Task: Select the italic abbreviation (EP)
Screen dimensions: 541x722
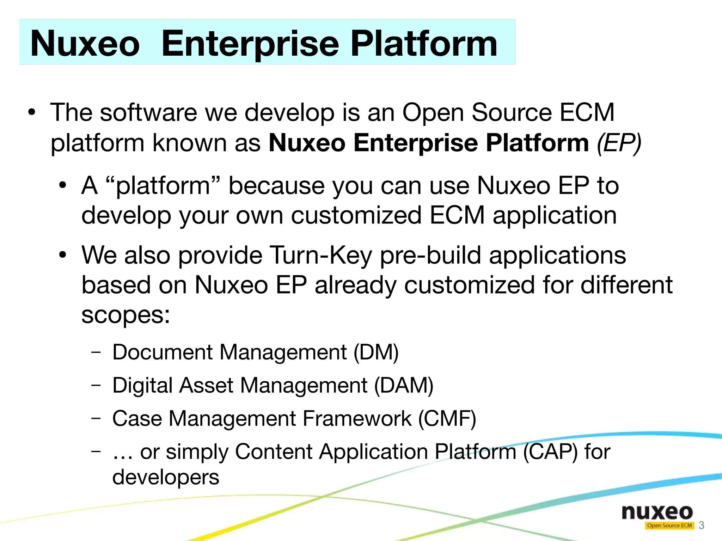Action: click(619, 143)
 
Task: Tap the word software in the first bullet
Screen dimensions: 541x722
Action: click(148, 112)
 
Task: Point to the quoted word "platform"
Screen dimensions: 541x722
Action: click(163, 186)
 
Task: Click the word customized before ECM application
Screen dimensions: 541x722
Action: click(356, 215)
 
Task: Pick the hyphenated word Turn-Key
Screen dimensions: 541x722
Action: click(320, 255)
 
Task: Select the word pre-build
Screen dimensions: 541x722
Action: click(430, 255)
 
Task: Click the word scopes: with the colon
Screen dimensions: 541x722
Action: click(126, 314)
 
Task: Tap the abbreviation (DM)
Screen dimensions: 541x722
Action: click(376, 352)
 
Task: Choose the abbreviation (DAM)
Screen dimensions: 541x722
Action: click(403, 385)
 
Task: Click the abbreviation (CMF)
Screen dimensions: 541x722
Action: click(447, 418)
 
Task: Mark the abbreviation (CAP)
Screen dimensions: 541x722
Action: click(550, 451)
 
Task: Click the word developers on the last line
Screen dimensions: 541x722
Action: click(166, 477)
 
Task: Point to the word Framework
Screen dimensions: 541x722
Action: click(357, 418)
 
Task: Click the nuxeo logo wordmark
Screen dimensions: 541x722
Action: click(657, 512)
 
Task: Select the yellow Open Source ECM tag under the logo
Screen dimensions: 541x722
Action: click(669, 525)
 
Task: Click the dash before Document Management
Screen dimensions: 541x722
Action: click(96, 352)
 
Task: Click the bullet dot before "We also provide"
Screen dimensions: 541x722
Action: click(63, 255)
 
